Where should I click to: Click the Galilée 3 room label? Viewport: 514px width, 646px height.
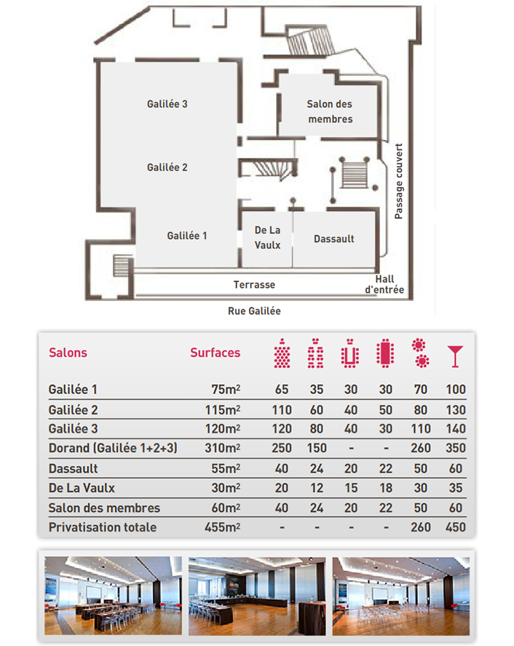pos(167,104)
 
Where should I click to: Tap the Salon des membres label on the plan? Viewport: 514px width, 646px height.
pos(330,111)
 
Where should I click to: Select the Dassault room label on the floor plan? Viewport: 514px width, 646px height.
pos(334,239)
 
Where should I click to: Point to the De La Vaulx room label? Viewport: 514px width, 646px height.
pos(268,237)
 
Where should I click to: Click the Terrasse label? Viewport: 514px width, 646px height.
pos(254,284)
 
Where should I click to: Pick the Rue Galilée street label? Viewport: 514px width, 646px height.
pos(254,311)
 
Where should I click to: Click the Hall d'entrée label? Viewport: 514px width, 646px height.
pos(384,285)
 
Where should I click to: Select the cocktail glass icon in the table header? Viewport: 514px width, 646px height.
pos(454,354)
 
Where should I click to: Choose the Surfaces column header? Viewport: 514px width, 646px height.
pos(215,352)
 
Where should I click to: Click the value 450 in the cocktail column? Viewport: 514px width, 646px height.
pos(455,527)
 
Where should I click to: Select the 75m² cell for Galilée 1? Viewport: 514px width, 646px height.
pos(225,390)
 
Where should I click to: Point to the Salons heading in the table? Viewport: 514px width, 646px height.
pos(68,352)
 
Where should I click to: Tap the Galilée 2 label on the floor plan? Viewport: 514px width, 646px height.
pos(167,168)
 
